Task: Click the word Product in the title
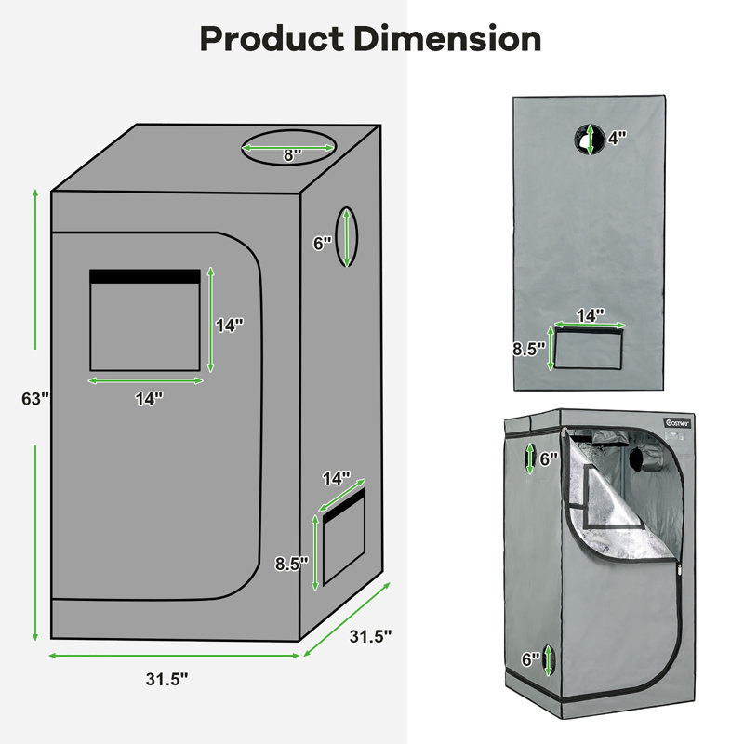click(x=272, y=39)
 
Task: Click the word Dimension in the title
click(x=447, y=39)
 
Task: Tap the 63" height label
click(x=35, y=399)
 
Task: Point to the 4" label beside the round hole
click(x=618, y=138)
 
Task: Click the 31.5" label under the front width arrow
click(x=167, y=679)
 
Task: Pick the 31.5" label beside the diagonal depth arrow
click(x=370, y=636)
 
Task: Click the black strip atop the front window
click(x=145, y=276)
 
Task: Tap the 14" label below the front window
click(x=149, y=399)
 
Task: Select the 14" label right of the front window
click(x=230, y=325)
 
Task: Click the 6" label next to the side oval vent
click(x=322, y=244)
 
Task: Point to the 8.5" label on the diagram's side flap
click(x=292, y=564)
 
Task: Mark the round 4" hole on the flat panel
click(x=590, y=139)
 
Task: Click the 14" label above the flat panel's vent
click(x=591, y=315)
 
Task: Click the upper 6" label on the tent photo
click(x=549, y=458)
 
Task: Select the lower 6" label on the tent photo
click(x=530, y=659)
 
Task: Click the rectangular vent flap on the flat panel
click(x=589, y=349)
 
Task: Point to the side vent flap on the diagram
click(x=344, y=537)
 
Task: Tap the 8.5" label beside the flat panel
click(x=529, y=349)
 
